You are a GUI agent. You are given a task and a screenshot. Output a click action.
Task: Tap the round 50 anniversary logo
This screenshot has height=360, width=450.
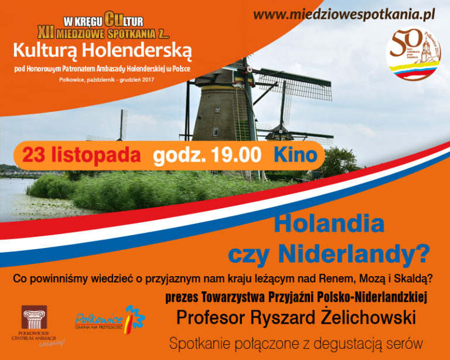[413, 55]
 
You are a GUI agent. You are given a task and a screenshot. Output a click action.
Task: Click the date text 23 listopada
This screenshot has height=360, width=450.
[81, 155]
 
